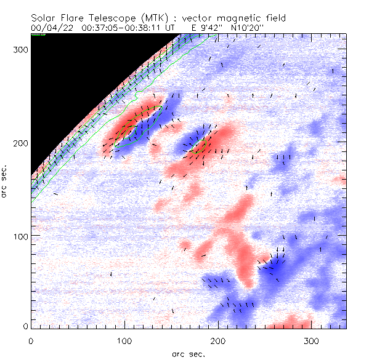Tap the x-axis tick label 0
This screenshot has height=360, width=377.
pos(31,340)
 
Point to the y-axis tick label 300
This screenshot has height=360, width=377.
pos(18,50)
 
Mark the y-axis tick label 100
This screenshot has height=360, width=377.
pos(18,236)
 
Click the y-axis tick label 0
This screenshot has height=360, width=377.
pos(24,326)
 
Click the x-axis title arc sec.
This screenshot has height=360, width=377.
pos(188,353)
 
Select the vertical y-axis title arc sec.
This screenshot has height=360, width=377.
pos(6,181)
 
